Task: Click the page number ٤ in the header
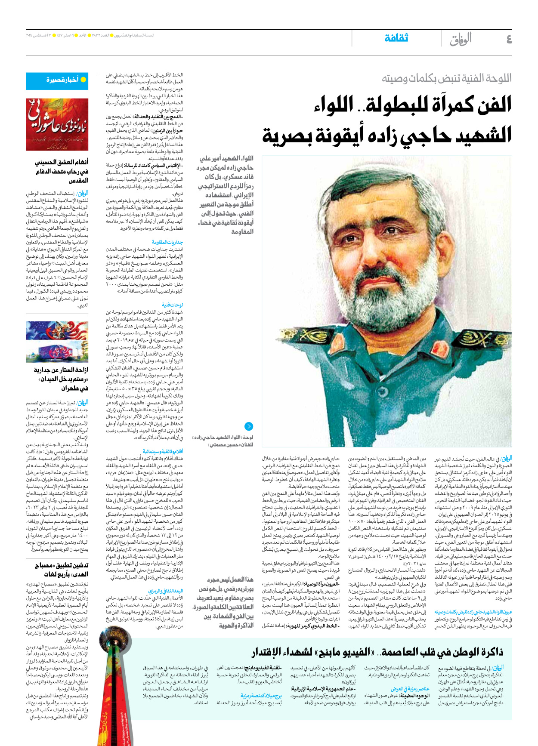pyautogui.click(x=509, y=39)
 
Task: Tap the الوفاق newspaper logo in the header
pyautogui.click(x=461, y=39)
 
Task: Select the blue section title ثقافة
pyautogui.click(x=396, y=38)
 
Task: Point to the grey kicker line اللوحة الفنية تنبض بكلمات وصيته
pyautogui.click(x=446, y=78)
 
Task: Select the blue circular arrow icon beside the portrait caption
pyautogui.click(x=248, y=426)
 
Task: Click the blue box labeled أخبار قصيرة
pyautogui.click(x=57, y=80)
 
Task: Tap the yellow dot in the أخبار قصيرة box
pyautogui.click(x=83, y=80)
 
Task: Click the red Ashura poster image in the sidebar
pyautogui.click(x=57, y=124)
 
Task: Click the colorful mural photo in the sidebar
pyautogui.click(x=57, y=342)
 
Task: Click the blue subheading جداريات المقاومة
pyautogui.click(x=167, y=243)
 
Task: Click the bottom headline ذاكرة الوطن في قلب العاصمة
pyautogui.click(x=439, y=652)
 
